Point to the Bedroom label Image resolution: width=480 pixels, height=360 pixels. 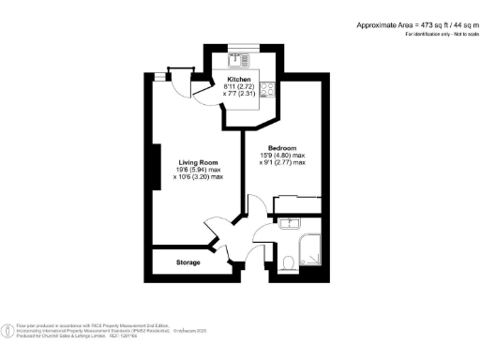283,148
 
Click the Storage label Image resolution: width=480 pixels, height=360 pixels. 188,262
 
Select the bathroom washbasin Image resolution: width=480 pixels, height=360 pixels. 288,224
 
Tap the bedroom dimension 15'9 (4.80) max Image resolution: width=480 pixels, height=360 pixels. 283,156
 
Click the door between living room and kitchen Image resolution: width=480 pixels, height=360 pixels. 201,87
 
